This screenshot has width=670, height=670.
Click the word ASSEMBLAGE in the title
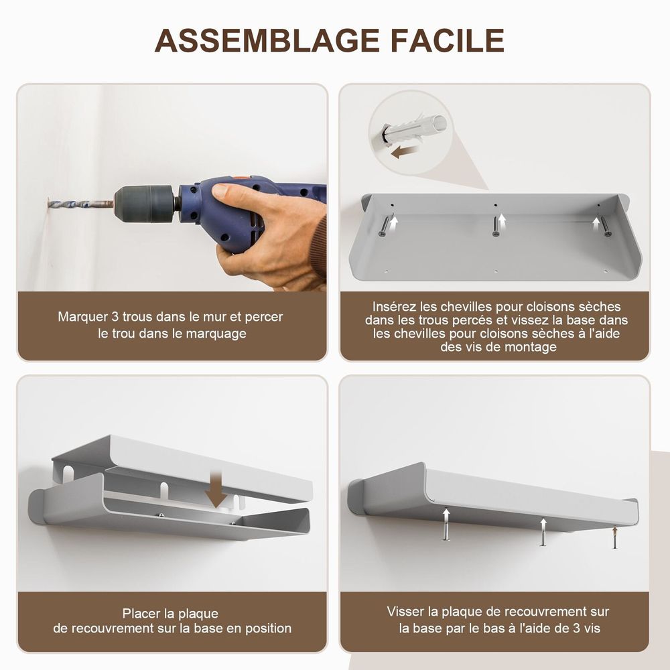click(267, 41)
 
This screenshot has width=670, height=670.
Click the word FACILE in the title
click(448, 41)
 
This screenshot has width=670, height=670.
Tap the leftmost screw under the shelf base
click(385, 226)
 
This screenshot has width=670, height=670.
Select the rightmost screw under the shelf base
click(606, 226)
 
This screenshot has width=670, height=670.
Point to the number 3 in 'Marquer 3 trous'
click(115, 317)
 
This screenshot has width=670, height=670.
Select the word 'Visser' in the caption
click(406, 612)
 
